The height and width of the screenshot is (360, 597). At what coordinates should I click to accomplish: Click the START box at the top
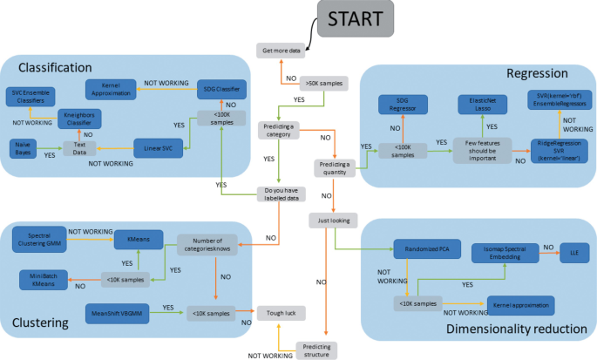click(x=354, y=19)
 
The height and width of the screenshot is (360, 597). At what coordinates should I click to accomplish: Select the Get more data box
click(x=282, y=50)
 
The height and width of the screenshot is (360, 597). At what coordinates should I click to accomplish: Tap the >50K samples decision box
click(x=323, y=84)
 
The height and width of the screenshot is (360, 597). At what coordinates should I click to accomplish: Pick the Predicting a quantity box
click(x=338, y=167)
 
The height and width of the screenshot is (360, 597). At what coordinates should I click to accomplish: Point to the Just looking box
click(x=334, y=221)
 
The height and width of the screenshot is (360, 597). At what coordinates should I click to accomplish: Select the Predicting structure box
click(x=316, y=350)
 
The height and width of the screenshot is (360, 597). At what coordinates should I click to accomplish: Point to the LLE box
click(x=574, y=248)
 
